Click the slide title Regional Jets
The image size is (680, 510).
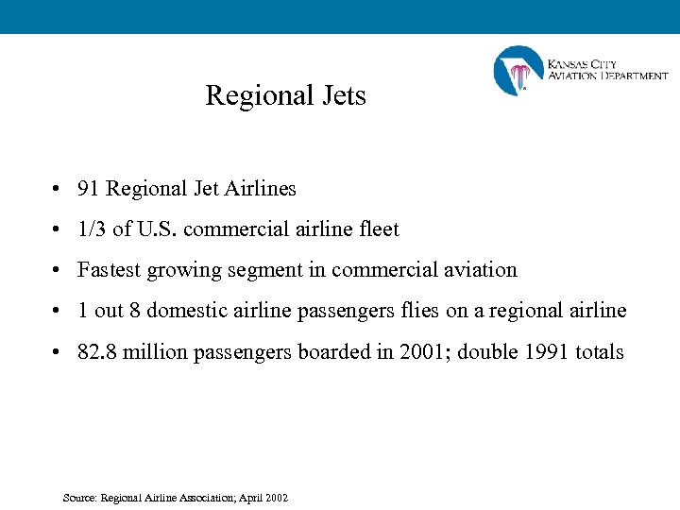tap(285, 95)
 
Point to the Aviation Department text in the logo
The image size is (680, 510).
tap(608, 76)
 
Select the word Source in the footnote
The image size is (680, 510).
tap(79, 498)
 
